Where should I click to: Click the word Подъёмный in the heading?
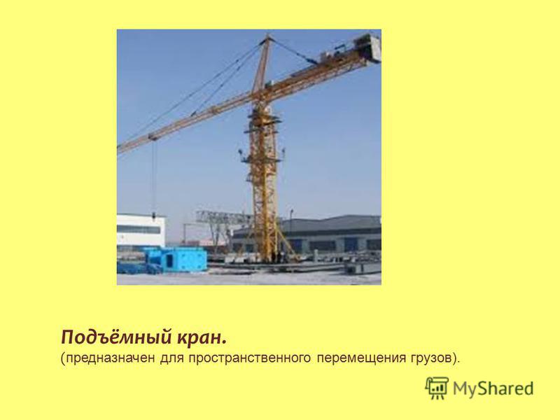pyautogui.click(x=115, y=337)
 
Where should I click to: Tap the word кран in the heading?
pyautogui.click(x=202, y=338)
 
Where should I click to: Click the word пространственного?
pyautogui.click(x=250, y=358)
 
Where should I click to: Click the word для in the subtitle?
pyautogui.click(x=171, y=358)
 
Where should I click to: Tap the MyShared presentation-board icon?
pyautogui.click(x=436, y=388)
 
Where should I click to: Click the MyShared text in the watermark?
pyautogui.click(x=493, y=388)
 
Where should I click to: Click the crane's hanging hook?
pyautogui.click(x=154, y=216)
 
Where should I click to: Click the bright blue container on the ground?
pyautogui.click(x=176, y=259)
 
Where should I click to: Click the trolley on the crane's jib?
pyautogui.click(x=153, y=137)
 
